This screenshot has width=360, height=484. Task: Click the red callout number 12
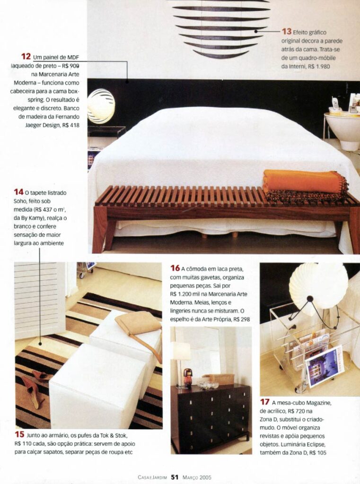[26, 56]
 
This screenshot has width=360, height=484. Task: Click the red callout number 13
[287, 32]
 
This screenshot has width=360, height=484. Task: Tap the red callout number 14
[19, 192]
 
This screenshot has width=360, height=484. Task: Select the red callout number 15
[19, 434]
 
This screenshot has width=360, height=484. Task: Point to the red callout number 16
[175, 268]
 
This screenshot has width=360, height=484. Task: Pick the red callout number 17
[265, 402]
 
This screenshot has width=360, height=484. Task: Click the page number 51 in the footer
[175, 477]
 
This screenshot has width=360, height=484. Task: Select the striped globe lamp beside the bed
[101, 106]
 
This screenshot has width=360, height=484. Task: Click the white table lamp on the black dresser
[181, 352]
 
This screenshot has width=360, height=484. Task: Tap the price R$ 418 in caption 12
[70, 126]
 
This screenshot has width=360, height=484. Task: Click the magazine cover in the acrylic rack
[324, 365]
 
